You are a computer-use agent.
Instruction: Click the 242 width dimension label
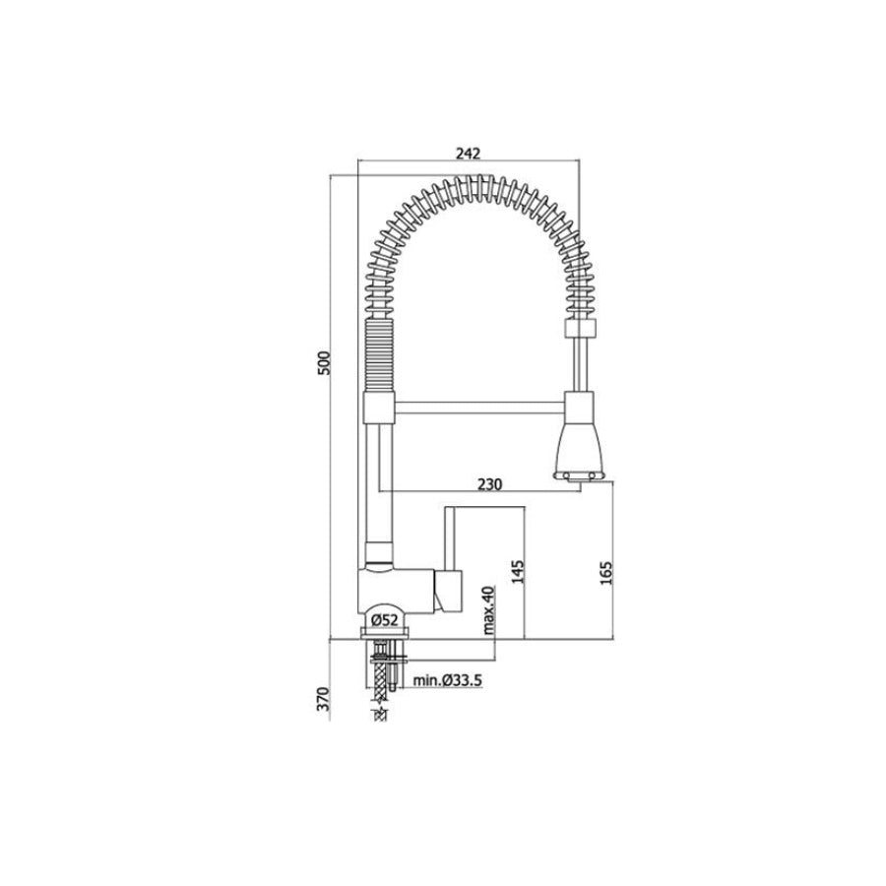[x=468, y=153]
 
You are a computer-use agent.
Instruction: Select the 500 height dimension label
[x=323, y=363]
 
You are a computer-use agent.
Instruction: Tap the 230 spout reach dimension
[x=489, y=484]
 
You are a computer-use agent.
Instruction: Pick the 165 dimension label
[x=605, y=572]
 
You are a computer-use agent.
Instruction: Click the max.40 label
[x=488, y=609]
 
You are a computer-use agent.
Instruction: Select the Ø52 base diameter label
[x=385, y=620]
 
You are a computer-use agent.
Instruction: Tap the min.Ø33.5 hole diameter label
[x=448, y=680]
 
